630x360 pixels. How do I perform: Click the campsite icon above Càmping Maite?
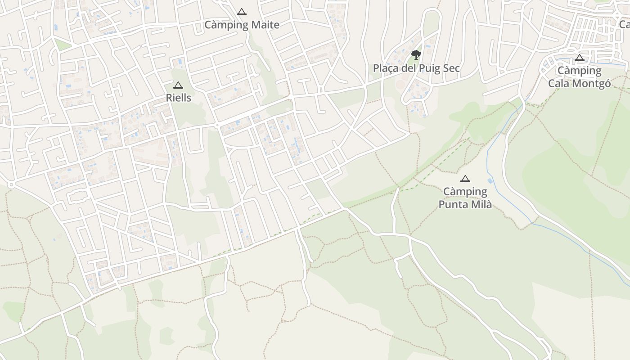tap(242, 12)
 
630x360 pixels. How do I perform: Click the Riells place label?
tap(179, 98)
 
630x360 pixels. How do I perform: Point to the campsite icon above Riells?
tap(178, 85)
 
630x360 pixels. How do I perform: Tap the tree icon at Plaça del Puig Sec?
tap(416, 55)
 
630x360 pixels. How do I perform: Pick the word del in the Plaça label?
tap(407, 68)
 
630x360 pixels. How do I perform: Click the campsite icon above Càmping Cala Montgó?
tap(580, 58)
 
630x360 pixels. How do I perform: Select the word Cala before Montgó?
tap(558, 84)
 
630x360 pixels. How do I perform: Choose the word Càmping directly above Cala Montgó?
tap(580, 71)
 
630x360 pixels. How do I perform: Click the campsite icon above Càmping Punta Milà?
tap(465, 179)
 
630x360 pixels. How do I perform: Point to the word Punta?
tap(453, 205)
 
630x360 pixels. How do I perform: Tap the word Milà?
tap(481, 205)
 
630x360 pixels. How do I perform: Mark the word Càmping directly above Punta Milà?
tap(465, 192)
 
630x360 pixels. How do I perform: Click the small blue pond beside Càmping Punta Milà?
tap(490, 181)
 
